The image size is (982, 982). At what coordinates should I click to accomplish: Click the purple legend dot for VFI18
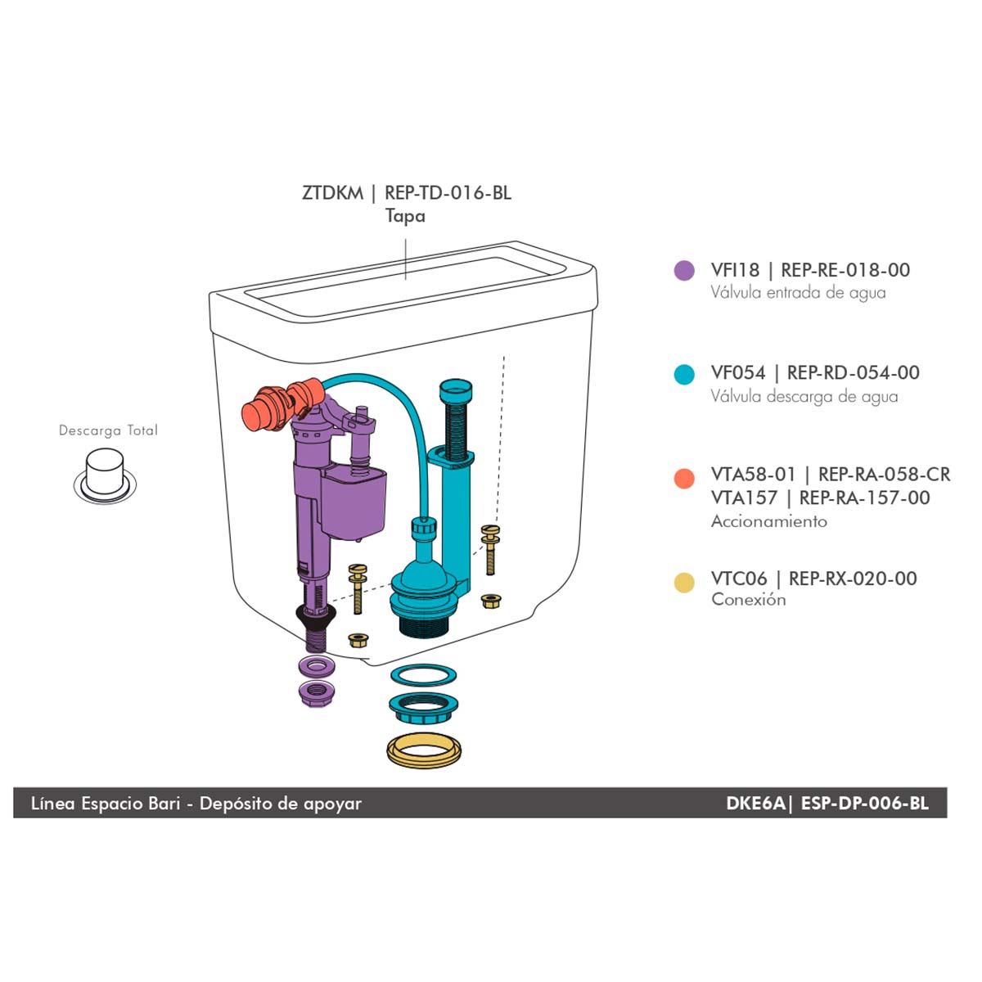click(684, 271)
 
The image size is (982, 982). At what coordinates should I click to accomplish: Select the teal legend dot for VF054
click(684, 375)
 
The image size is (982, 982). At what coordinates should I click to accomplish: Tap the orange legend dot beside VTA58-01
click(684, 479)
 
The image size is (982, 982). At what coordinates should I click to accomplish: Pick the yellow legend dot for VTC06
click(684, 583)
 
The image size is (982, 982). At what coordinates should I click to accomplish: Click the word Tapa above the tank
click(405, 215)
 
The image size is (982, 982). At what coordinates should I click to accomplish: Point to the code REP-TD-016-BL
click(448, 193)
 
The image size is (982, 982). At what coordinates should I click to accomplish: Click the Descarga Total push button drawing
click(105, 476)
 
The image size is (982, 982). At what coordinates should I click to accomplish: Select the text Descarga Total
click(108, 430)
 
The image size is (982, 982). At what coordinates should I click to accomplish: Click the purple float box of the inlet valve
click(354, 502)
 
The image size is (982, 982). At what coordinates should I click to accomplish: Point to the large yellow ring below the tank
click(423, 750)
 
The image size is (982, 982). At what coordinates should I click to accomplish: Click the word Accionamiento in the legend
click(769, 521)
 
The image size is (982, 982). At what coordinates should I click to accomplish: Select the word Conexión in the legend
click(749, 599)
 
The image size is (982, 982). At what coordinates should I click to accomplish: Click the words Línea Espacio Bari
click(106, 804)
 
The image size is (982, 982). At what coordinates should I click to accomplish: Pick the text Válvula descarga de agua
click(804, 396)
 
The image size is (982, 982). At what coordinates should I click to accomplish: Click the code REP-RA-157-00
click(864, 498)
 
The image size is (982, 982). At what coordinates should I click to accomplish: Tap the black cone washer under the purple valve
click(315, 618)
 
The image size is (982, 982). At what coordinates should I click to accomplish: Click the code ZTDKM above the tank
click(333, 193)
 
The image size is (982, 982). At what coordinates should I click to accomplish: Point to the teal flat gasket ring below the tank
click(423, 676)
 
